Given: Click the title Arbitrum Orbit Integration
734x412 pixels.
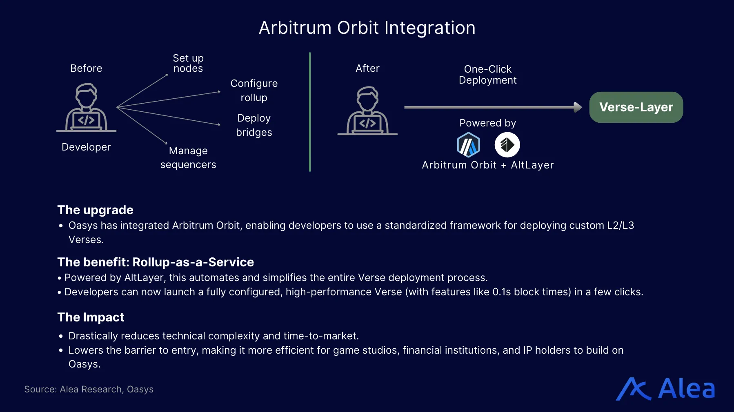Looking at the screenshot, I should (367, 28).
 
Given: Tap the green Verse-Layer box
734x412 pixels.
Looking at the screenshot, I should (636, 107).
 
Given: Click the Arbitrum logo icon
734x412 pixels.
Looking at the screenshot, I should (468, 145).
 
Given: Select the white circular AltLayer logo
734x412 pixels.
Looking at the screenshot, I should (507, 145).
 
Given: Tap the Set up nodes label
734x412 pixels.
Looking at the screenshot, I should (188, 63).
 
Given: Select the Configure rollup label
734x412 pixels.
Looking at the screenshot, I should (254, 91).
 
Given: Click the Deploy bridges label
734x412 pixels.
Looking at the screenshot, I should (254, 125).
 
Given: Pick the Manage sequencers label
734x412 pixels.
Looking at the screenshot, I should (188, 157).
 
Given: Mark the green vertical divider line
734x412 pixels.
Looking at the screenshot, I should (310, 112).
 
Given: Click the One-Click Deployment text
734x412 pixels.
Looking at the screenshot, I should (487, 75).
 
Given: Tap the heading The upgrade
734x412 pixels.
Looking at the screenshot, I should (95, 210).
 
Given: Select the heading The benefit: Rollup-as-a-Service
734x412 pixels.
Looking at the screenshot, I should (156, 262).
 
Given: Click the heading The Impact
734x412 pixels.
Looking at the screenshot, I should (91, 317).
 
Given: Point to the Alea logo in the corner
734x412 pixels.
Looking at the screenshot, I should (665, 389).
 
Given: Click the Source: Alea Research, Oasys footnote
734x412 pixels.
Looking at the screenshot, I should (89, 389).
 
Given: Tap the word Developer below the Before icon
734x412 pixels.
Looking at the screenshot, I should (86, 147).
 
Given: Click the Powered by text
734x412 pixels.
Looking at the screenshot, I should (487, 123).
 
